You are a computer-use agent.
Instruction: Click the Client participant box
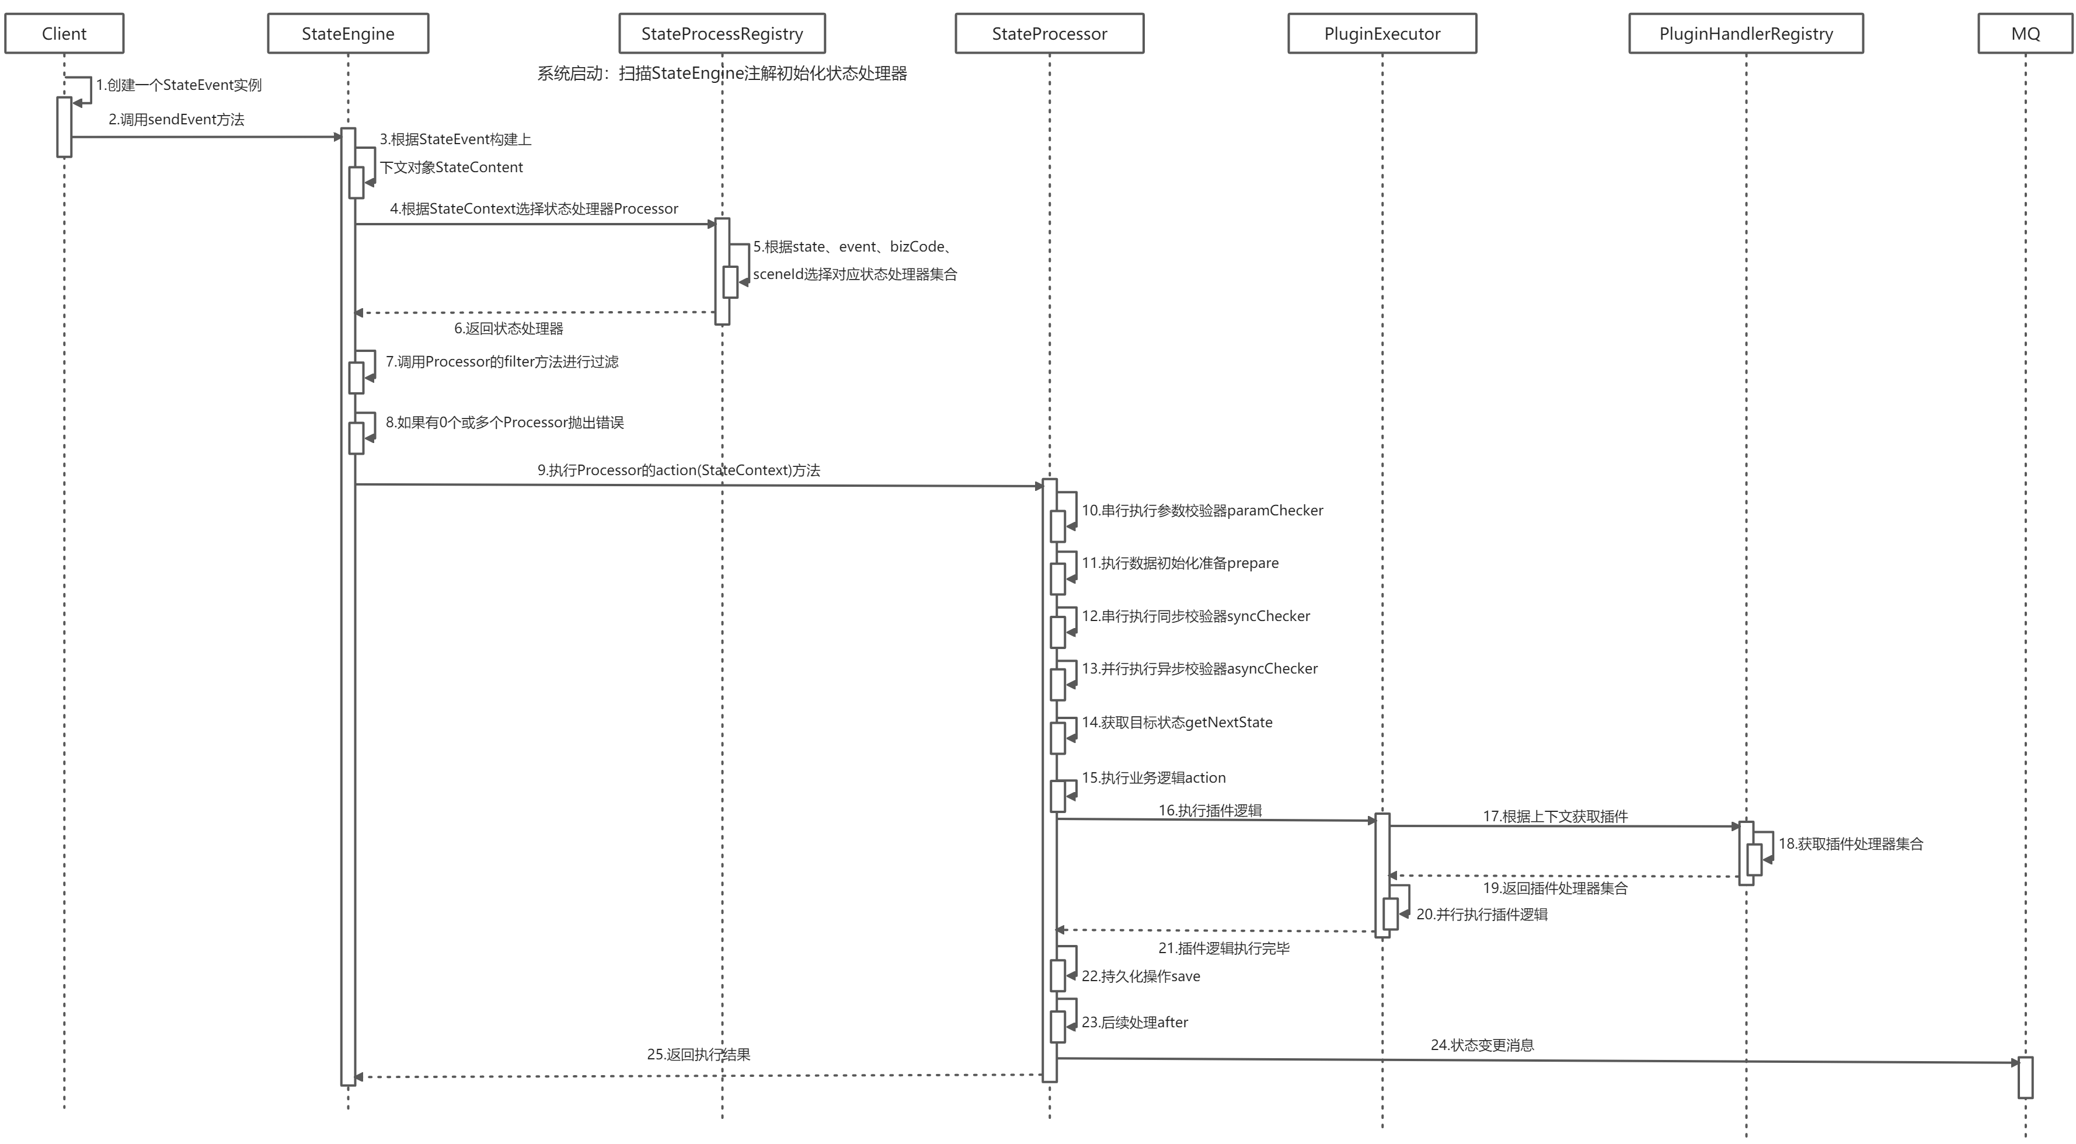pyautogui.click(x=64, y=34)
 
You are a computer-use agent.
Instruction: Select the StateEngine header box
pyautogui.click(x=348, y=34)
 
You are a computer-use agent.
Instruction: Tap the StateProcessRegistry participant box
pyautogui.click(x=722, y=34)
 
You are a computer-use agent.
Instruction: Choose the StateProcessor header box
pyautogui.click(x=1049, y=34)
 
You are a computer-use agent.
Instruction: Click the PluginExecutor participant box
pyautogui.click(x=1382, y=34)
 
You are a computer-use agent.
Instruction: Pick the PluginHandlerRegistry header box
pyautogui.click(x=1746, y=34)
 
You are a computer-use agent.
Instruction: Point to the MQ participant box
pyautogui.click(x=2025, y=34)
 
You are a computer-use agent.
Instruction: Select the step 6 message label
pyautogui.click(x=508, y=329)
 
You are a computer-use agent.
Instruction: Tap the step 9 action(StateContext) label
pyautogui.click(x=678, y=470)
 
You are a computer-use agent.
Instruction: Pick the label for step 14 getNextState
pyautogui.click(x=1176, y=723)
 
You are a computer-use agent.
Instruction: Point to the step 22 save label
pyautogui.click(x=1140, y=976)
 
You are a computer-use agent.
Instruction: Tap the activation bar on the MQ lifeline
pyautogui.click(x=2025, y=1078)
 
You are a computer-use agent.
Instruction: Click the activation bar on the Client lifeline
pyautogui.click(x=64, y=127)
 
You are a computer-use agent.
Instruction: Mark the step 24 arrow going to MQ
pyautogui.click(x=1531, y=1060)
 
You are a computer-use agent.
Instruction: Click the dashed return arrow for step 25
pyautogui.click(x=698, y=1076)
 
